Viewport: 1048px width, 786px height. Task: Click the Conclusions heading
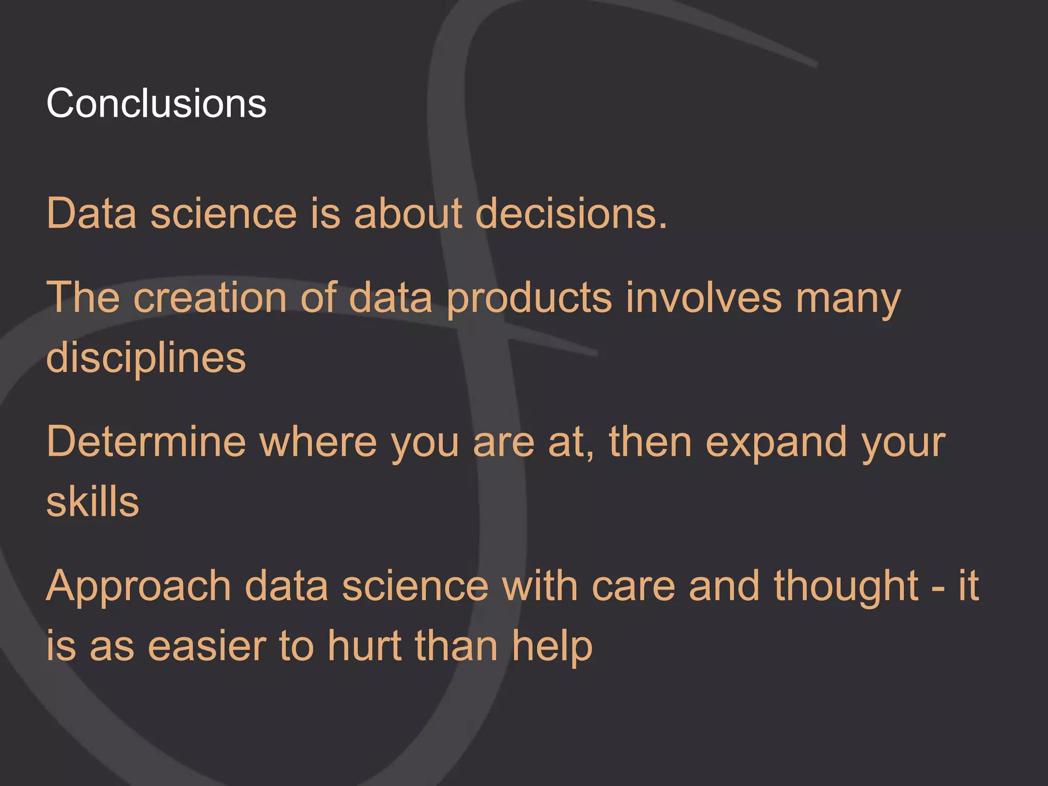(x=156, y=103)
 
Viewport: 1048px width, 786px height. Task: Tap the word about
(x=408, y=213)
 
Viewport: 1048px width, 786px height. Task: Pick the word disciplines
(x=146, y=358)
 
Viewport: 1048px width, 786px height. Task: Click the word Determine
(x=146, y=442)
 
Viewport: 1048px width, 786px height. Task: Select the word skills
(x=93, y=502)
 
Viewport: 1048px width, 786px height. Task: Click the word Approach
(x=138, y=587)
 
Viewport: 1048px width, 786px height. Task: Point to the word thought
(x=846, y=587)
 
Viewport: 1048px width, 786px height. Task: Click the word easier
(x=207, y=646)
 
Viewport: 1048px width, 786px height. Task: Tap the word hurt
(x=364, y=646)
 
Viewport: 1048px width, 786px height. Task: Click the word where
(x=318, y=442)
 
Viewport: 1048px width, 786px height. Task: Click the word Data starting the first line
(x=92, y=213)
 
